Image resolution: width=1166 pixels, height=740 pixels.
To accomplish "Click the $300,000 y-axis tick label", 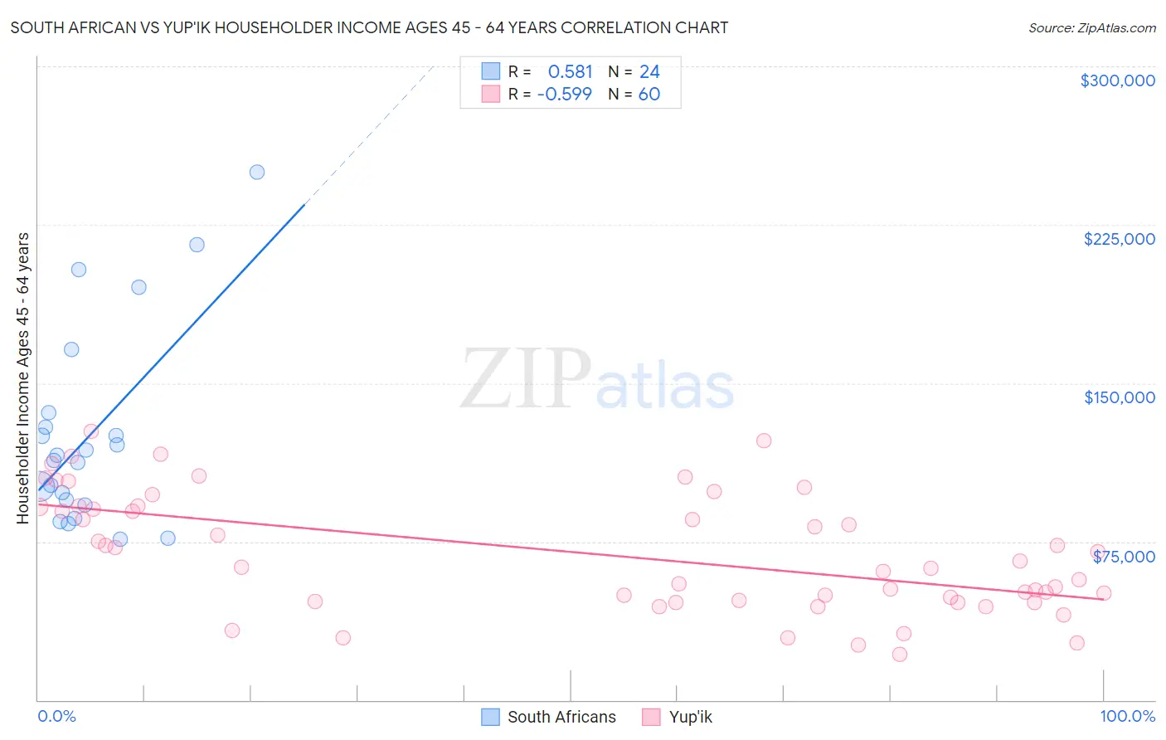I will click(1117, 80).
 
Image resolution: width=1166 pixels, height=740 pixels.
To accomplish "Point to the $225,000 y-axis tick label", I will click(1119, 239).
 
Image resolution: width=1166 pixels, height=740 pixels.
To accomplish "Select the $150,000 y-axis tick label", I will click(1119, 397).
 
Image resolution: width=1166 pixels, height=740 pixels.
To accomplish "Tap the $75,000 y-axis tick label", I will click(1124, 557).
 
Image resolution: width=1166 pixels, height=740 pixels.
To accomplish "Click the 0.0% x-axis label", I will click(56, 716).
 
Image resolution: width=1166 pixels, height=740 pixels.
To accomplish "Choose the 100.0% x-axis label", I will click(1127, 716).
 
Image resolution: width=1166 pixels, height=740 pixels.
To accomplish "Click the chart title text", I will click(369, 27).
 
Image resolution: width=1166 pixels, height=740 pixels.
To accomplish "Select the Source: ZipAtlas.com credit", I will click(1091, 28).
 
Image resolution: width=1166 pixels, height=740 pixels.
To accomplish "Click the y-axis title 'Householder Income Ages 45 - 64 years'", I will click(23, 378).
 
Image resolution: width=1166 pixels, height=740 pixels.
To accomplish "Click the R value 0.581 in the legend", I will click(570, 72).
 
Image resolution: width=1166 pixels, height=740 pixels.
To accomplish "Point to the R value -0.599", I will click(565, 95).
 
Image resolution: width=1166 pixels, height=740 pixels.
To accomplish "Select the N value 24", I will click(649, 72).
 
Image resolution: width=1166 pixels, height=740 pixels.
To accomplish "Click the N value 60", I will click(649, 95).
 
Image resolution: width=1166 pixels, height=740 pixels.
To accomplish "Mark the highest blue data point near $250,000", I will click(257, 173).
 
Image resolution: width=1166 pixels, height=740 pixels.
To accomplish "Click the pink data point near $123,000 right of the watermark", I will click(764, 441).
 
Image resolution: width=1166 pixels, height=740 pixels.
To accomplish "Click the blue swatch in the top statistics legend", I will click(491, 71).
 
